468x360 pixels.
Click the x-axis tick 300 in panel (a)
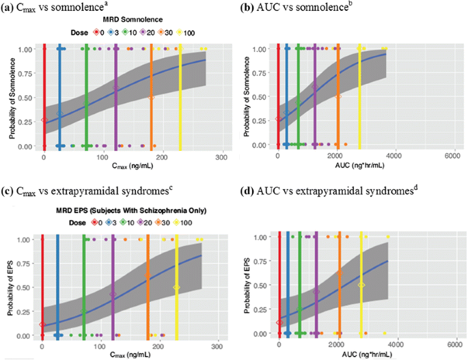tap(220, 158)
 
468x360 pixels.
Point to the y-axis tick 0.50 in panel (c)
tap(27, 288)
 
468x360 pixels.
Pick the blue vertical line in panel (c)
tap(58, 287)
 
